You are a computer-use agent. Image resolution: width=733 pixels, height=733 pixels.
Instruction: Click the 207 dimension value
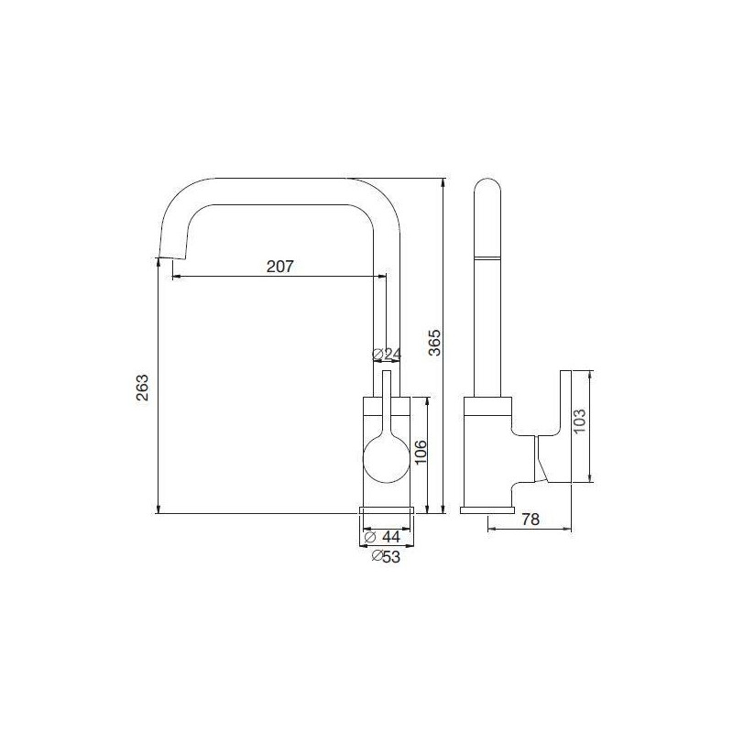(x=279, y=267)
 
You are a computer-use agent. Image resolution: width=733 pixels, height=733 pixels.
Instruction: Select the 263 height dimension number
(x=141, y=388)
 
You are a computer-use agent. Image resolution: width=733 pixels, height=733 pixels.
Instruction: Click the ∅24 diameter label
(x=388, y=355)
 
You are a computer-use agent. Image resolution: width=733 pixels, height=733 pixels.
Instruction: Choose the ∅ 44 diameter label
(x=388, y=536)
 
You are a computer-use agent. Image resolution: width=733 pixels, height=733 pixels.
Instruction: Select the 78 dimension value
(x=530, y=520)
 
